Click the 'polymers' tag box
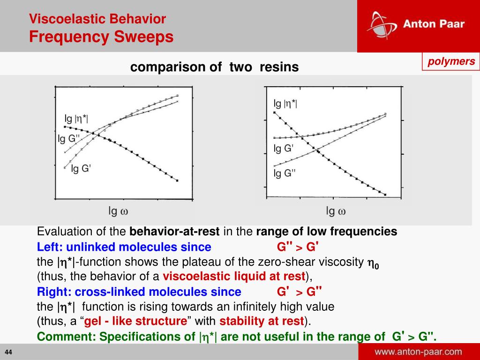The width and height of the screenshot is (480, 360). [450, 61]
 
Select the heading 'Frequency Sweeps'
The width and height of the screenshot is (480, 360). [101, 37]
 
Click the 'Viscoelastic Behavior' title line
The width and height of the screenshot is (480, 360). [97, 19]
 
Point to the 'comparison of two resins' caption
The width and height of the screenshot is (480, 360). [214, 67]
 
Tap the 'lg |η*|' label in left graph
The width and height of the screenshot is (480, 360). [76, 119]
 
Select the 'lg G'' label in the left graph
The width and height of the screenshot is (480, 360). [81, 169]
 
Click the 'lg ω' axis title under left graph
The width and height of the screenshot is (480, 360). [118, 211]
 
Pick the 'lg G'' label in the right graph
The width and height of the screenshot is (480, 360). [284, 149]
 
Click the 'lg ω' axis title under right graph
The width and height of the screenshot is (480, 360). [336, 211]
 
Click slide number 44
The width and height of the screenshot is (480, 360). [9, 352]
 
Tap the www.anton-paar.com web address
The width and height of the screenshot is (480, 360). [418, 352]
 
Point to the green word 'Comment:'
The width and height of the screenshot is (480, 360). [67, 337]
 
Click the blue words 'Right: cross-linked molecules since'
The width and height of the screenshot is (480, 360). [139, 292]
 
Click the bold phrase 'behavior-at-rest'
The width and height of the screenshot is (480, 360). [174, 232]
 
